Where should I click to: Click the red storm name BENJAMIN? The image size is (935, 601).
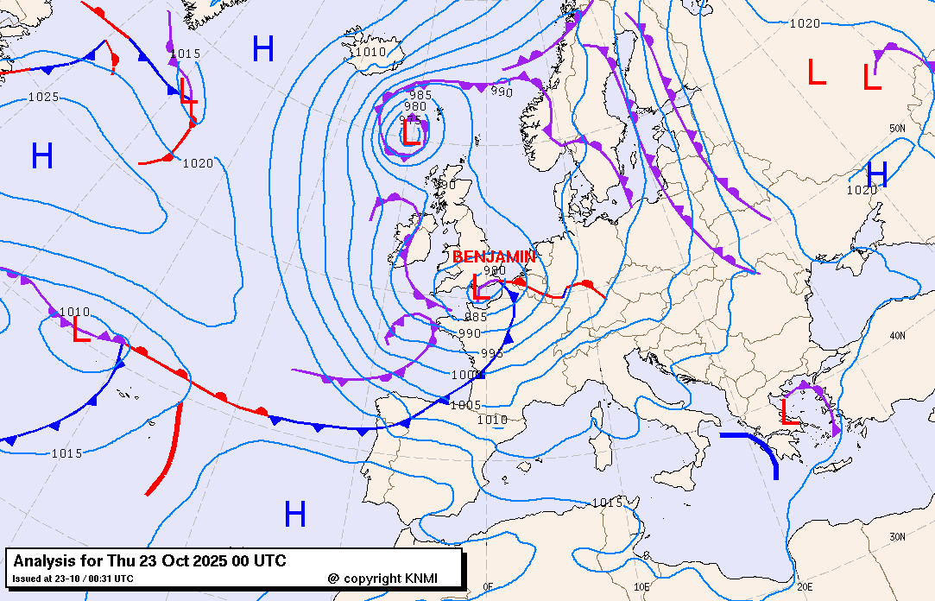pos(494,256)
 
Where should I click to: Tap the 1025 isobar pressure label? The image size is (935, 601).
pos(43,97)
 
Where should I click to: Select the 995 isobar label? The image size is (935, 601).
pos(491,352)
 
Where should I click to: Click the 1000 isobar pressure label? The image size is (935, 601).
pos(463,375)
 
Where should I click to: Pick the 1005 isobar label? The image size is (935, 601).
pos(465,405)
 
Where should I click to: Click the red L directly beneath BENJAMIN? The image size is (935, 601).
pos(480,287)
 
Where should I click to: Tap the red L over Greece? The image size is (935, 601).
pos(789,411)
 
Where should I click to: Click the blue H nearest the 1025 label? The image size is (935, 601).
pos(42,156)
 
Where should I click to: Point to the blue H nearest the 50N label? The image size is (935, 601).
pos(877,174)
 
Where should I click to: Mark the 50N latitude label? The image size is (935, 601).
pos(897,129)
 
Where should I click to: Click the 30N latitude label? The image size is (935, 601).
pos(897,537)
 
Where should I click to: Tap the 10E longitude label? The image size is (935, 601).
pos(641,586)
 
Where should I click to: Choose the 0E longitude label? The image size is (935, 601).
pos(489,589)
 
